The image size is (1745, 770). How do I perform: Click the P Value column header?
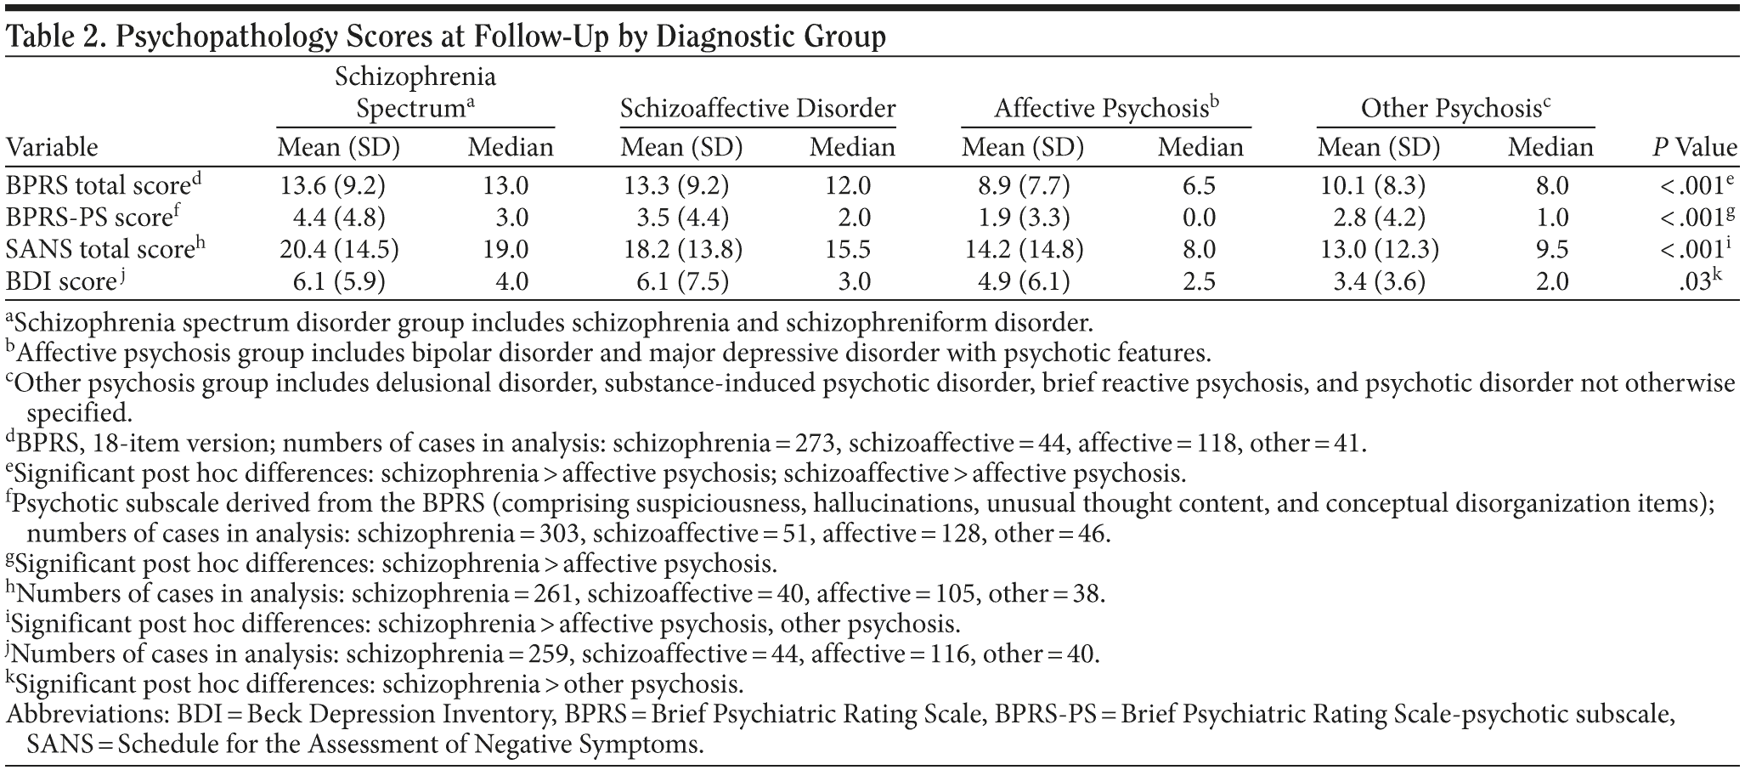[1694, 148]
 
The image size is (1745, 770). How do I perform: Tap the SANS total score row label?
[101, 249]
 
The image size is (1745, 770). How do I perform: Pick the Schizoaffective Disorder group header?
[757, 110]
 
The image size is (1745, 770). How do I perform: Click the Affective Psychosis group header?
[1107, 109]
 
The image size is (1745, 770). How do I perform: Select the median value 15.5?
[852, 249]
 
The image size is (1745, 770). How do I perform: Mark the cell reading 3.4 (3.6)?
[1379, 280]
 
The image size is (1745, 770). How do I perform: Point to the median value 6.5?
[1199, 186]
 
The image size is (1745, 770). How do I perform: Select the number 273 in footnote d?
[816, 443]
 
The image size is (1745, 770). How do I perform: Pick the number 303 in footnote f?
[556, 534]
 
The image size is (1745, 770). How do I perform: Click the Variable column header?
[53, 148]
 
